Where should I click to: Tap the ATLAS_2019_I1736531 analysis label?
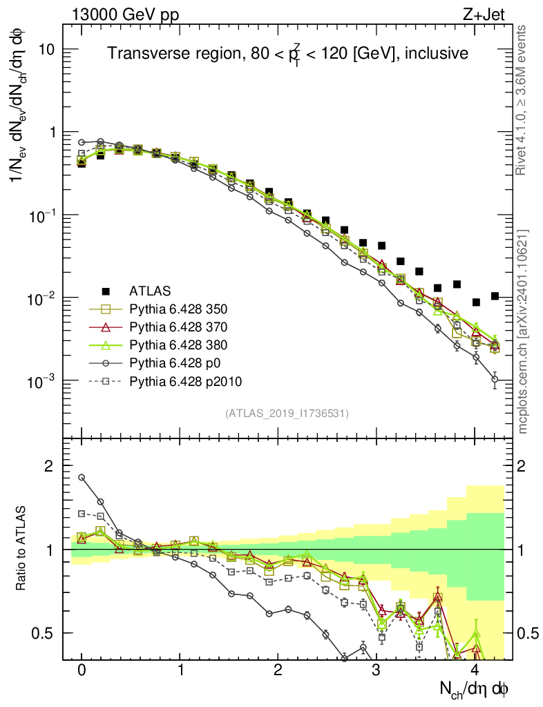point(287,414)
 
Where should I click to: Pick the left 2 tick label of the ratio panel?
point(49,467)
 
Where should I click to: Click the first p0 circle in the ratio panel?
point(82,477)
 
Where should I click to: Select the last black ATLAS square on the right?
point(494,296)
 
